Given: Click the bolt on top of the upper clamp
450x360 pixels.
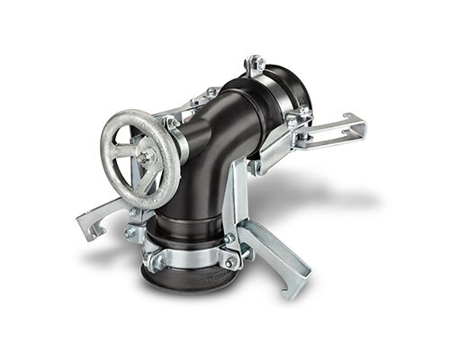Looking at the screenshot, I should pos(255,65).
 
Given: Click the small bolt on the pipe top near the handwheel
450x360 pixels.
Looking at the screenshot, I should pos(211,92).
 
